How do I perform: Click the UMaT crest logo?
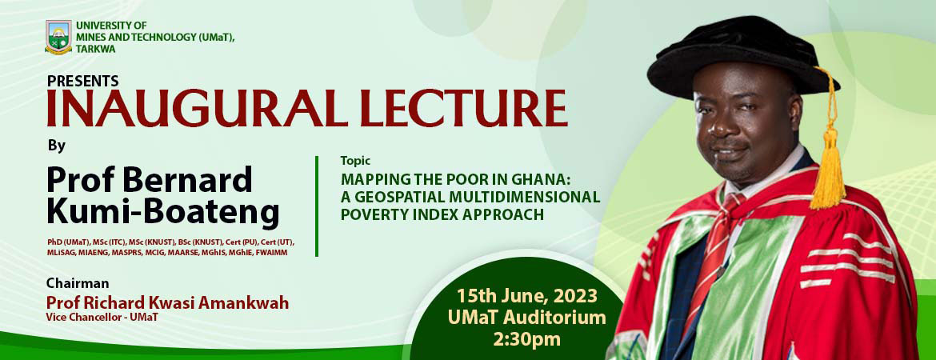(x=58, y=37)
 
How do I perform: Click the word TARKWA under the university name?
(x=95, y=49)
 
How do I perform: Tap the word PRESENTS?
(x=83, y=81)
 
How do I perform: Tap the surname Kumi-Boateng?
(x=163, y=214)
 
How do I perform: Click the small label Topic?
(x=355, y=160)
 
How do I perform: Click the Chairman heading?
(x=78, y=282)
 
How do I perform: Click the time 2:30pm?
(x=526, y=338)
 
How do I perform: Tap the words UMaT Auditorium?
(x=526, y=318)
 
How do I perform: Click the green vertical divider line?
(x=318, y=206)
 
